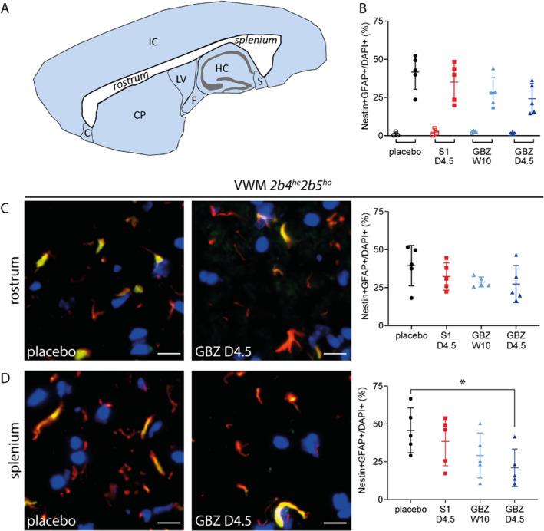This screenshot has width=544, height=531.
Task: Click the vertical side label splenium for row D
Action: [x=12, y=444]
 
